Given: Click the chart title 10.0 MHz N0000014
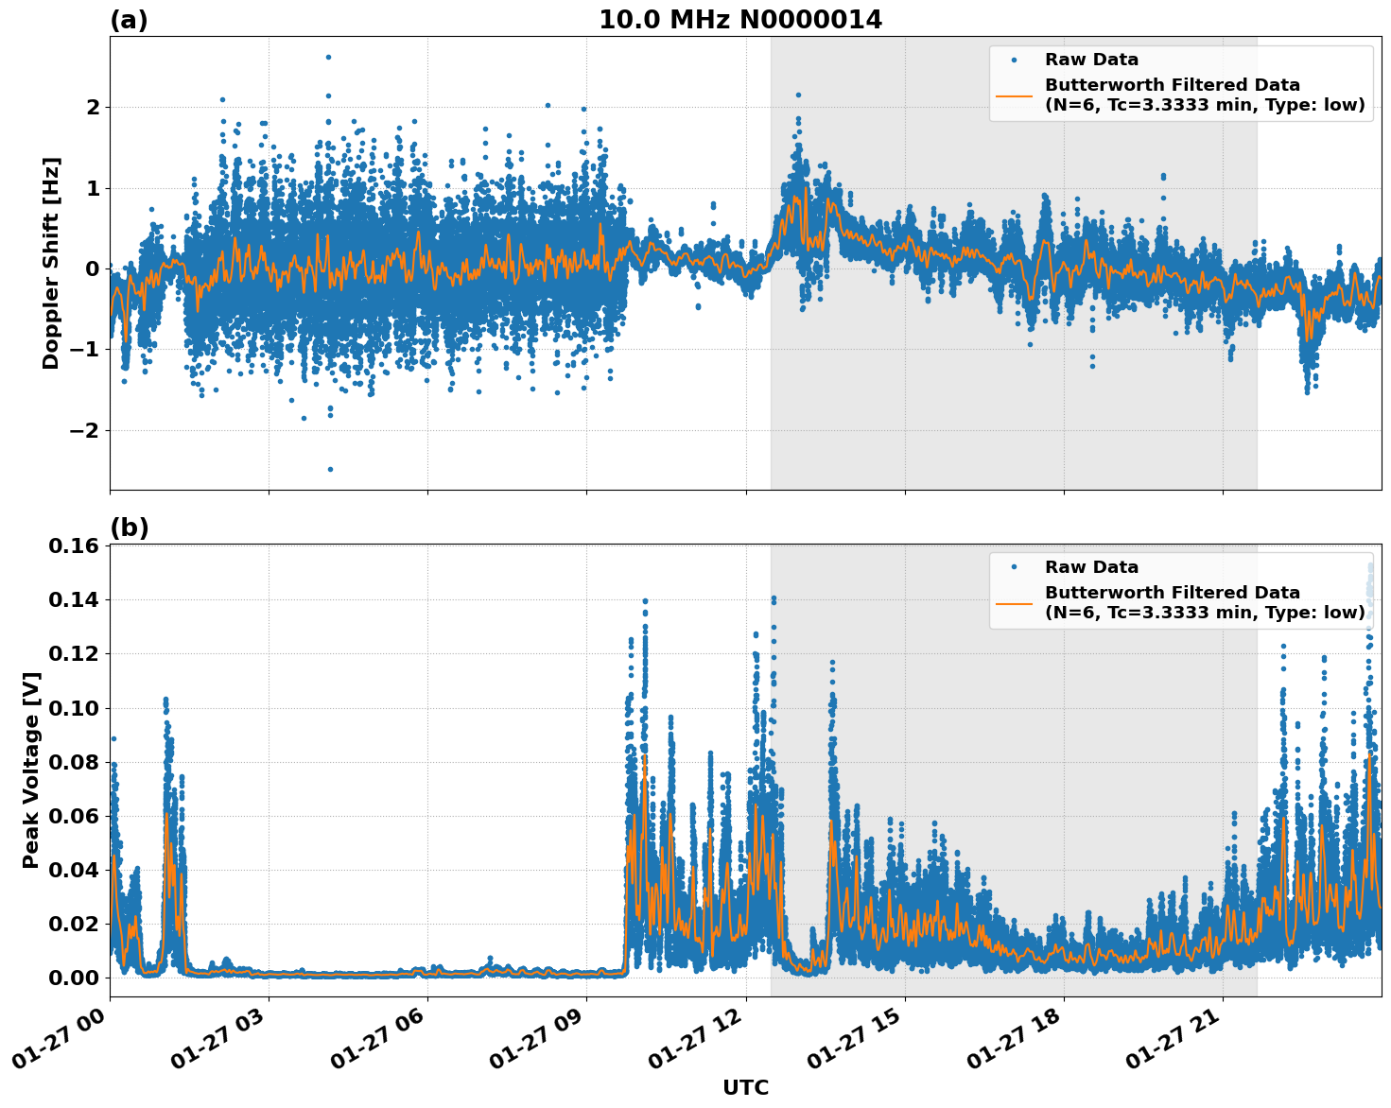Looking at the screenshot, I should pos(739,20).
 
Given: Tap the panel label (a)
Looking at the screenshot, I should pos(129,20).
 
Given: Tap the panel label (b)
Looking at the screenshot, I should pos(129,528).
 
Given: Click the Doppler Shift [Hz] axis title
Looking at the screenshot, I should pos(51,263).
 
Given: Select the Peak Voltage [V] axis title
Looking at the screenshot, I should pos(31,770).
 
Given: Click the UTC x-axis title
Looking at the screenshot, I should pos(745,1087).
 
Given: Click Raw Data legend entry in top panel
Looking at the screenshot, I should pos(1091,60).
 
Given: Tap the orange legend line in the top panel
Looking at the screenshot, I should pos(1015,95).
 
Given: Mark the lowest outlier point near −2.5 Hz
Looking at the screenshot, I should pos(330,469).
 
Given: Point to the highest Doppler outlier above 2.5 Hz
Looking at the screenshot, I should pos(328,57).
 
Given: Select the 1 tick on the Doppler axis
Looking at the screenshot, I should pos(92,188).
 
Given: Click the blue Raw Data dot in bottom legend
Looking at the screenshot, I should pos(1014,567).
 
